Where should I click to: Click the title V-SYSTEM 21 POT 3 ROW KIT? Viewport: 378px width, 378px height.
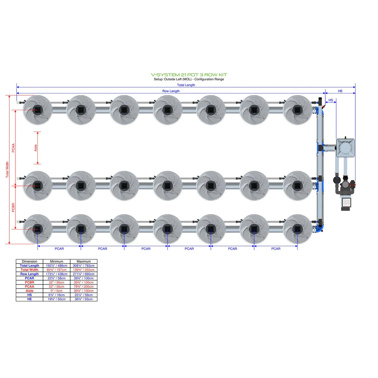pos(189,75)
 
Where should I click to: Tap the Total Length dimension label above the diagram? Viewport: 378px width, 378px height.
pos(186,85)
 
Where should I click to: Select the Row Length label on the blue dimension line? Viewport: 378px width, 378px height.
pos(171,91)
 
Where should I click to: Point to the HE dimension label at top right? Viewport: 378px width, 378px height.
pos(340,91)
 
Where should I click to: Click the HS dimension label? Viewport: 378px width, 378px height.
pos(331,100)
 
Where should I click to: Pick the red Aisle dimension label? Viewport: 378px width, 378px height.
pos(35,148)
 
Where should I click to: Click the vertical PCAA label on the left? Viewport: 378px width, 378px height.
pos(13,148)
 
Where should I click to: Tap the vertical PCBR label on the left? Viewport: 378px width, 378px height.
pos(13,207)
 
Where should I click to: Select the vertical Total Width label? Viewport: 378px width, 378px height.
pos(7,170)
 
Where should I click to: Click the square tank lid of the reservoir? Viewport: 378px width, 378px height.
pos(345,148)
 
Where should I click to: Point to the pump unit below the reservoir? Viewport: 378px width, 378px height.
pos(345,193)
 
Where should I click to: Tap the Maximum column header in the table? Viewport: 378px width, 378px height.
pos(83,262)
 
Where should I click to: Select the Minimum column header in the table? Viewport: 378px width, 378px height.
pos(56,262)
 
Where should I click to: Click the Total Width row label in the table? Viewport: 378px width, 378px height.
pos(30,270)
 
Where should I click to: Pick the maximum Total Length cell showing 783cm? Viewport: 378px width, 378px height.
pos(83,266)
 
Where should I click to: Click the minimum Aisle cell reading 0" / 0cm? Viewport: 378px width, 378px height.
pos(56,291)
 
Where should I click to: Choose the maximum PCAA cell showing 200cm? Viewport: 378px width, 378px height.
pos(83,286)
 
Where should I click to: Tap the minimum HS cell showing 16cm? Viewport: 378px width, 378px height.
pos(56,295)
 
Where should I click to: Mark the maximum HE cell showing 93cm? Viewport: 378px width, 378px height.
pos(83,299)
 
